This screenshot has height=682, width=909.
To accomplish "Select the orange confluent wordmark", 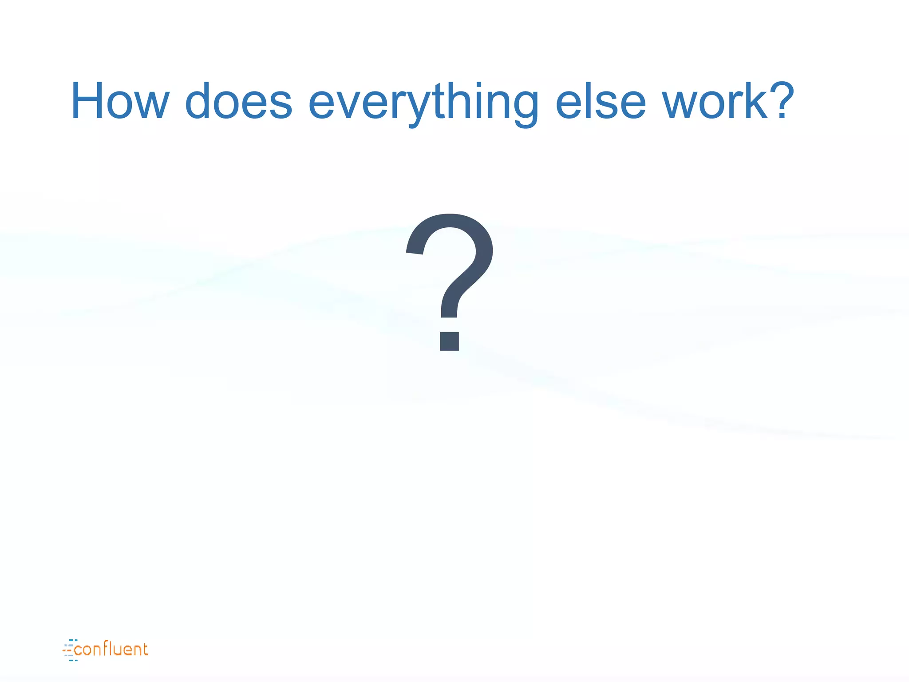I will tap(111, 650).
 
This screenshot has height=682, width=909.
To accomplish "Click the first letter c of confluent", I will tap(78, 650).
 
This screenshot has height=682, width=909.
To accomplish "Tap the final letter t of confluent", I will tap(144, 650).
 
